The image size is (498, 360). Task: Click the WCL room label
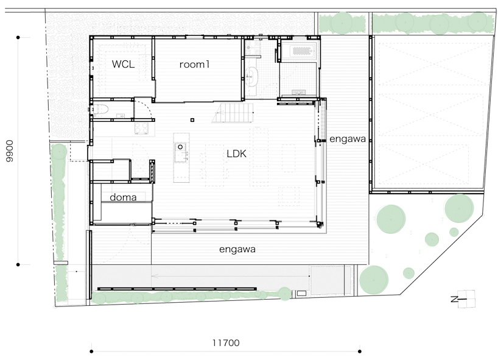click(123, 64)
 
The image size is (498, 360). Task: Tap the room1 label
click(194, 65)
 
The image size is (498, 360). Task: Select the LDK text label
click(237, 154)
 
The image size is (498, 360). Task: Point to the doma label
click(123, 197)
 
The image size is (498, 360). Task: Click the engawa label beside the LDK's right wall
click(348, 139)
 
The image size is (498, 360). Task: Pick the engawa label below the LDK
click(237, 249)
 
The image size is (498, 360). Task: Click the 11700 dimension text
click(226, 343)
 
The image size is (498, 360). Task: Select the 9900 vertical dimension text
click(10, 151)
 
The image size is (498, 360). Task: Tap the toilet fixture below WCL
click(100, 109)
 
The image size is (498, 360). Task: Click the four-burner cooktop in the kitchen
click(141, 129)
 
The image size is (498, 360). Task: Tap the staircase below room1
click(233, 113)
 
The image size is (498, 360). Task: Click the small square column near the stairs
click(192, 120)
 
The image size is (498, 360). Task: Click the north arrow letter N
click(454, 299)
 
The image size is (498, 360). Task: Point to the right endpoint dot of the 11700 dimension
click(360, 351)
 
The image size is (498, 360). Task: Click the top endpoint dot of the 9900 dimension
click(18, 38)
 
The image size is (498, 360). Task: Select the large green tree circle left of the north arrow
click(374, 280)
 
